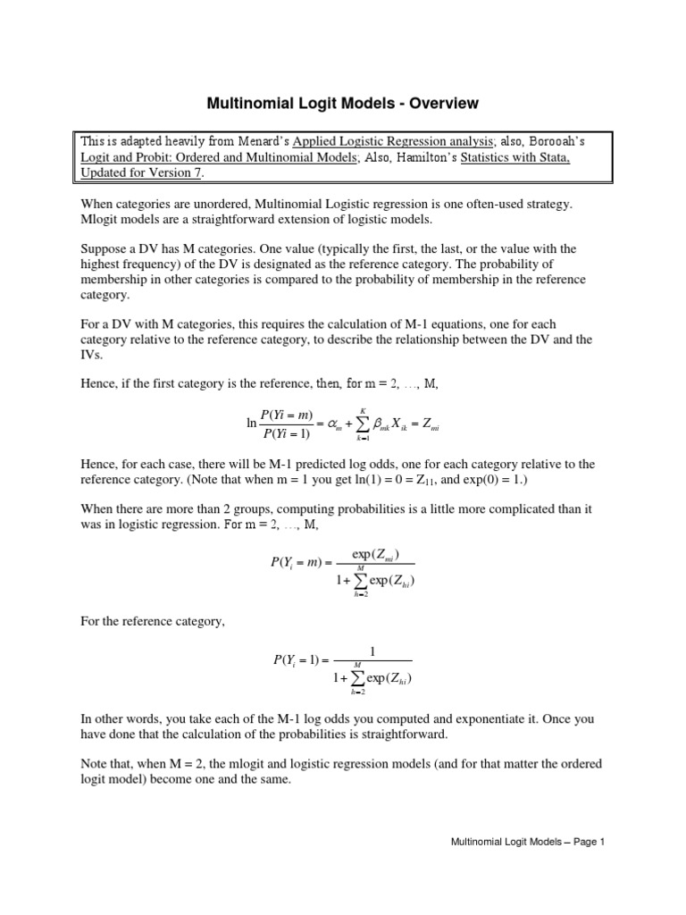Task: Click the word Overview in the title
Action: coord(440,104)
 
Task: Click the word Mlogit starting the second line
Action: coord(101,220)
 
